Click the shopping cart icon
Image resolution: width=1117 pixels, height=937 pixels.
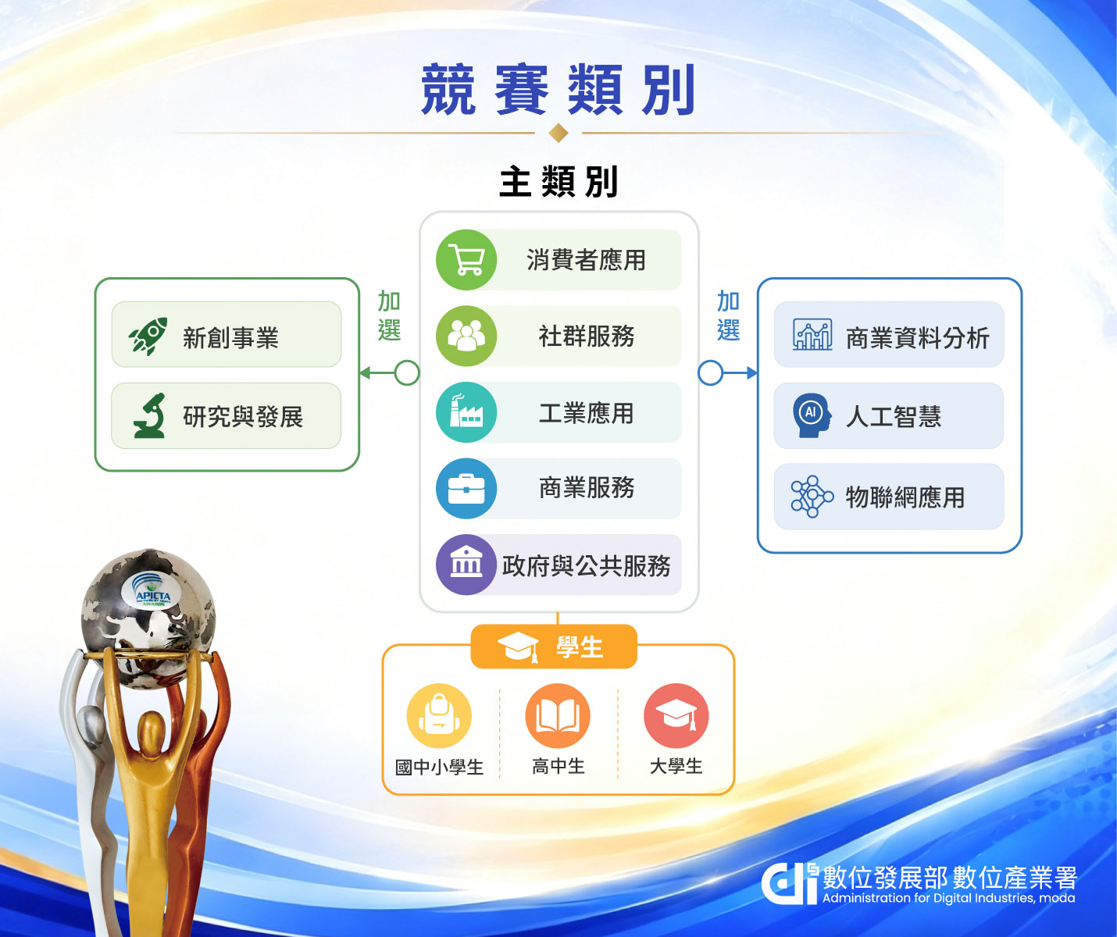point(466,260)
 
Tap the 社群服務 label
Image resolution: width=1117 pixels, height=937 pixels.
point(587,337)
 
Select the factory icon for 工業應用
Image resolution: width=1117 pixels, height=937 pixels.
point(466,411)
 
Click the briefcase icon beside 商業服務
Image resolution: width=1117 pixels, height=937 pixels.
point(466,488)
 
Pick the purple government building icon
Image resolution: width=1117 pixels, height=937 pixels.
point(466,565)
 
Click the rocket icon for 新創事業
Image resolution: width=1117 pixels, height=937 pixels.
point(148,335)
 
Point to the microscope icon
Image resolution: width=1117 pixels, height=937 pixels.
point(149,415)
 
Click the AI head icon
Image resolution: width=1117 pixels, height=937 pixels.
point(812,415)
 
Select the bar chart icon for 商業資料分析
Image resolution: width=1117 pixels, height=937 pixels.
point(812,334)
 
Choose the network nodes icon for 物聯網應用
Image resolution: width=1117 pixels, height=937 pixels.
point(812,497)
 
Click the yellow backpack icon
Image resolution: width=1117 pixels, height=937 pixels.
point(439,715)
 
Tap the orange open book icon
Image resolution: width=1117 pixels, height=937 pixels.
point(558,715)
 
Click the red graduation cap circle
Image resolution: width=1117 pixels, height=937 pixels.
point(676,715)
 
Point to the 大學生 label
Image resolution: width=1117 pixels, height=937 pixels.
point(676,767)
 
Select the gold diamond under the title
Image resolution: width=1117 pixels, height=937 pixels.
point(558,133)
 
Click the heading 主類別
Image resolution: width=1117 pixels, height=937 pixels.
point(558,182)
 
